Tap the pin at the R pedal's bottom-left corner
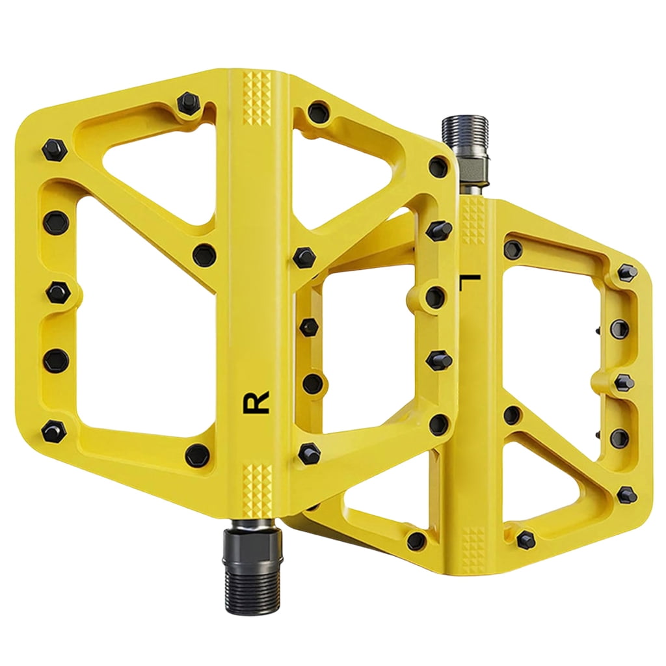pyautogui.click(x=54, y=429)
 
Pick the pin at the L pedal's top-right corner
pyautogui.click(x=627, y=272)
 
